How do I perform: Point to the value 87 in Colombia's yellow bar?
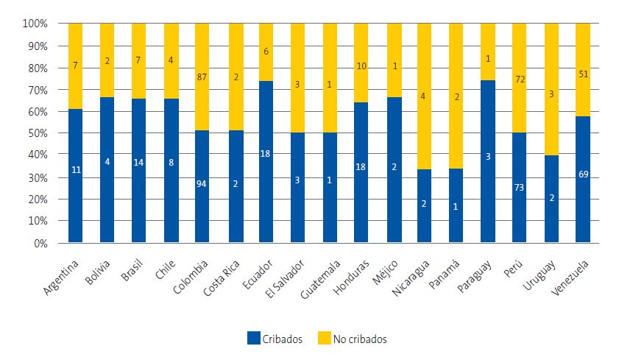(202, 77)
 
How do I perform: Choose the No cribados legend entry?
(353, 339)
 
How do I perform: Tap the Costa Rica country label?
(222, 276)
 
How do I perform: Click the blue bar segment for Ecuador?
(266, 161)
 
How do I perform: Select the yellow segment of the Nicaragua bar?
(424, 96)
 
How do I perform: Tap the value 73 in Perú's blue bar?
(519, 188)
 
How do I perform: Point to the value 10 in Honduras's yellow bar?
(360, 66)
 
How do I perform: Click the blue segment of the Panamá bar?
(456, 205)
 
